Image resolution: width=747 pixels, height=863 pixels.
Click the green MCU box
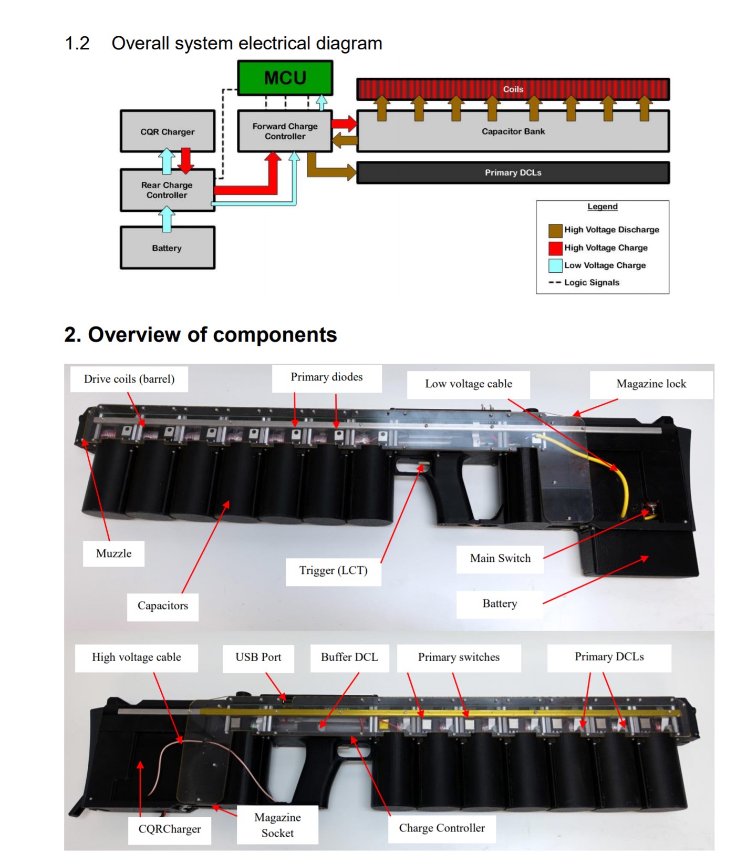pyautogui.click(x=285, y=78)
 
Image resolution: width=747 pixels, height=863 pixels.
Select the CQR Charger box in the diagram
pyautogui.click(x=167, y=131)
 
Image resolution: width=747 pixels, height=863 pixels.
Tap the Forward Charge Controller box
pyautogui.click(x=285, y=131)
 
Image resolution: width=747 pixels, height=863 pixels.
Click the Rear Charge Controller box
pyautogui.click(x=167, y=190)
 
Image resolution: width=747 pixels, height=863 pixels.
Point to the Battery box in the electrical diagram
pyautogui.click(x=167, y=248)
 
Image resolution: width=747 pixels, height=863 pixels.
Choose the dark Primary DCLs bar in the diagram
pyautogui.click(x=513, y=172)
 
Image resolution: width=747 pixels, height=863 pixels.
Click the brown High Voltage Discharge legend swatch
pyautogui.click(x=555, y=230)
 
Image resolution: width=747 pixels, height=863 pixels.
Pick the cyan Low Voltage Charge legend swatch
pyautogui.click(x=555, y=265)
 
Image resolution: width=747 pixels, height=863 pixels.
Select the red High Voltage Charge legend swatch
pyautogui.click(x=555, y=248)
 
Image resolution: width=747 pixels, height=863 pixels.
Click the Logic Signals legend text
pyautogui.click(x=592, y=282)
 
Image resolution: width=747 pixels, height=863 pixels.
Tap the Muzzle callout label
pyautogui.click(x=113, y=553)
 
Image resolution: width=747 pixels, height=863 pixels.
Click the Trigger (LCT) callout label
pyautogui.click(x=333, y=571)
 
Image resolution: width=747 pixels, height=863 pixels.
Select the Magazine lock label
pyautogui.click(x=651, y=384)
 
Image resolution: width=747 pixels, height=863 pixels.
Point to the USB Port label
pyautogui.click(x=258, y=657)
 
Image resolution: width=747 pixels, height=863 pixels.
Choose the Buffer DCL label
pyautogui.click(x=349, y=657)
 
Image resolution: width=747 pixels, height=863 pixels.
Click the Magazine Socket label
pyautogui.click(x=277, y=825)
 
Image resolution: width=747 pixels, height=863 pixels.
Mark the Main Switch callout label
pyautogui.click(x=500, y=559)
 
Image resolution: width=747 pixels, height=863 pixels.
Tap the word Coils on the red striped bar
pyautogui.click(x=513, y=89)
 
